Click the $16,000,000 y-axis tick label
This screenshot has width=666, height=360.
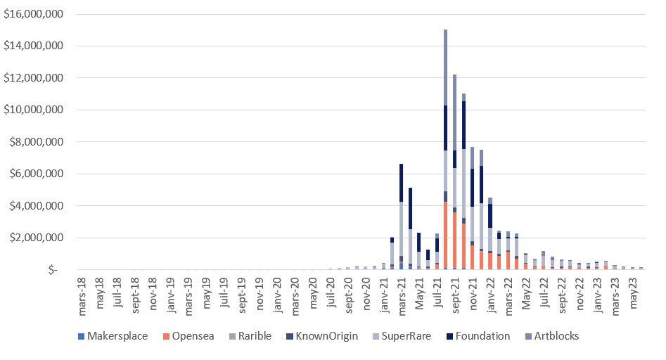pyautogui.click(x=33, y=14)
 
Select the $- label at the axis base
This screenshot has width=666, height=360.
pyautogui.click(x=53, y=270)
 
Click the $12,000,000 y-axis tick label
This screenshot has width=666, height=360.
pyautogui.click(x=33, y=78)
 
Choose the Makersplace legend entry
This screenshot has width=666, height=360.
pyautogui.click(x=117, y=336)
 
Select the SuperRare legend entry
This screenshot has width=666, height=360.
pyautogui.click(x=402, y=336)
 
